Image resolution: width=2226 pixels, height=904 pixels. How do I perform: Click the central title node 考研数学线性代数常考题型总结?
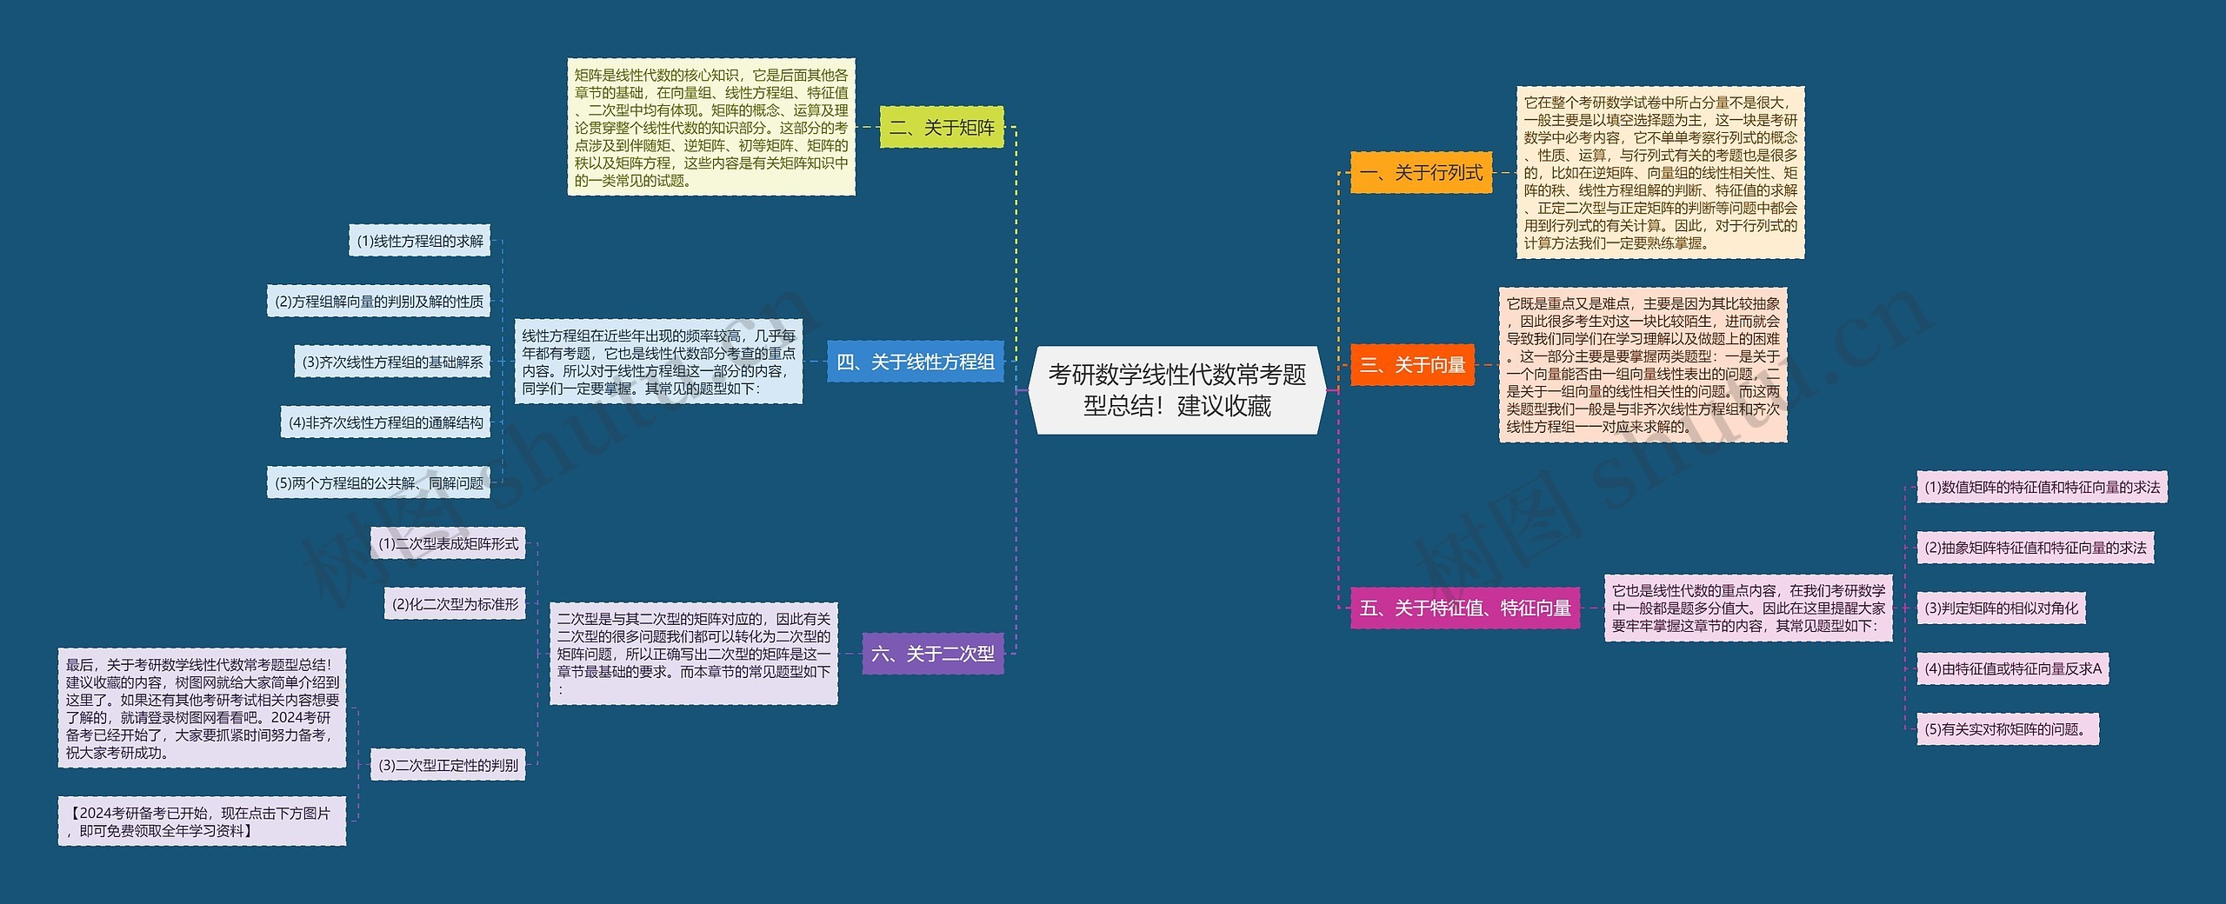(1176, 390)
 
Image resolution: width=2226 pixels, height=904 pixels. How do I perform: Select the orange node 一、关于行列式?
(1421, 172)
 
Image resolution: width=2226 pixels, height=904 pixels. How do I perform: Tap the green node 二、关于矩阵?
(942, 128)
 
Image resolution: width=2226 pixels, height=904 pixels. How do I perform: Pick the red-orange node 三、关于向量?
(1412, 364)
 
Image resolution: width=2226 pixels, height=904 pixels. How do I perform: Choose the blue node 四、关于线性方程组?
(915, 362)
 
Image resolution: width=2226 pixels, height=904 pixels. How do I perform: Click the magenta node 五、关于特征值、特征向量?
(1465, 608)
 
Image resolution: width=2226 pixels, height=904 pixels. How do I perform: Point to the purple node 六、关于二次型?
(932, 654)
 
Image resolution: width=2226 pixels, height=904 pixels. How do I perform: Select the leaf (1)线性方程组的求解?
(420, 241)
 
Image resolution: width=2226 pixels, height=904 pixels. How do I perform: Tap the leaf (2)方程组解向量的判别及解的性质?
(379, 301)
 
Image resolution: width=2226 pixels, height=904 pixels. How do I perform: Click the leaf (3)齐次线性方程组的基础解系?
(392, 362)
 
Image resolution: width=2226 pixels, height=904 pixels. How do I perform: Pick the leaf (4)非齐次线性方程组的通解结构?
(385, 422)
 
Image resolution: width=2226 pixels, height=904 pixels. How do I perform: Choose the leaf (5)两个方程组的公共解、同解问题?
(379, 482)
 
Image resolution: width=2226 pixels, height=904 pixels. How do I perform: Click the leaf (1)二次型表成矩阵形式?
(448, 543)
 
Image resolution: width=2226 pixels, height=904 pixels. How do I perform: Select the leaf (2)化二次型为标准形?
(455, 603)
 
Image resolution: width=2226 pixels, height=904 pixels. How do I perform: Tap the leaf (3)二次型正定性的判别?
(448, 765)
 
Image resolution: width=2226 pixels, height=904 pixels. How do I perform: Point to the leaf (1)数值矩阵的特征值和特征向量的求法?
(2042, 487)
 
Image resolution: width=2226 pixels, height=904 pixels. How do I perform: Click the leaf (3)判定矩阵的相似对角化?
(2001, 608)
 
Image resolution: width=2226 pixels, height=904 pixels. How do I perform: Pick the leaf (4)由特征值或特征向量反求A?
(2012, 668)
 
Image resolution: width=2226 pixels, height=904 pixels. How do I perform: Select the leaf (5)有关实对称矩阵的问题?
(2008, 728)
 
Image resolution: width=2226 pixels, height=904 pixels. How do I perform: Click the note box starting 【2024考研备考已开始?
(202, 821)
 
